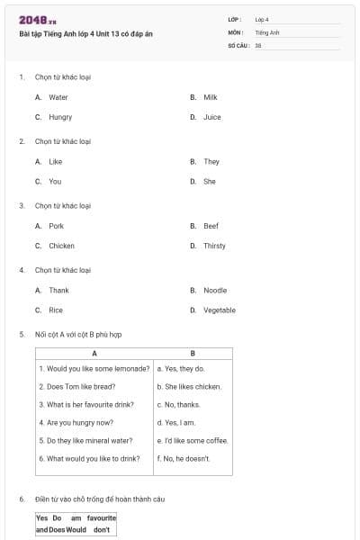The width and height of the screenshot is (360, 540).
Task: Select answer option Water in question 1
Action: [58, 97]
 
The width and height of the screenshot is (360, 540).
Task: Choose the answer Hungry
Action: [60, 117]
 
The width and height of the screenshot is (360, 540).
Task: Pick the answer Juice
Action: [211, 117]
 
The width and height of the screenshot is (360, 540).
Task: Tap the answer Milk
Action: [210, 97]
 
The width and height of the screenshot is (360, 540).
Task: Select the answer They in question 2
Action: [211, 162]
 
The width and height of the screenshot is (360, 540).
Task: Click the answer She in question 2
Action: [209, 182]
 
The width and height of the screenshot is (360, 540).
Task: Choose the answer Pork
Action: [56, 226]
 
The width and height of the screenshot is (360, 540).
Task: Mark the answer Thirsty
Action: [214, 246]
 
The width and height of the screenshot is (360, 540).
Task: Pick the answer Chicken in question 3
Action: [61, 246]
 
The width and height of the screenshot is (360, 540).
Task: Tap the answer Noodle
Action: [214, 291]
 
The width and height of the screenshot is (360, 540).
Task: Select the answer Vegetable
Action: [219, 310]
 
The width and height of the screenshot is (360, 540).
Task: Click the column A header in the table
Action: [94, 354]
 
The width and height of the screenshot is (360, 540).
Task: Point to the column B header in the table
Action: [193, 354]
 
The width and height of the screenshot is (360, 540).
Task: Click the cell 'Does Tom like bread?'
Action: [77, 387]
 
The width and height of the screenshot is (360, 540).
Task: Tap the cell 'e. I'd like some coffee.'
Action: [192, 441]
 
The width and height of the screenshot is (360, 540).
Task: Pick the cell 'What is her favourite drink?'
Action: [88, 405]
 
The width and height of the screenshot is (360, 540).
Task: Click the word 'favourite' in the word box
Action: [102, 518]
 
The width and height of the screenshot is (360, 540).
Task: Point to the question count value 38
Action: [258, 45]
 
